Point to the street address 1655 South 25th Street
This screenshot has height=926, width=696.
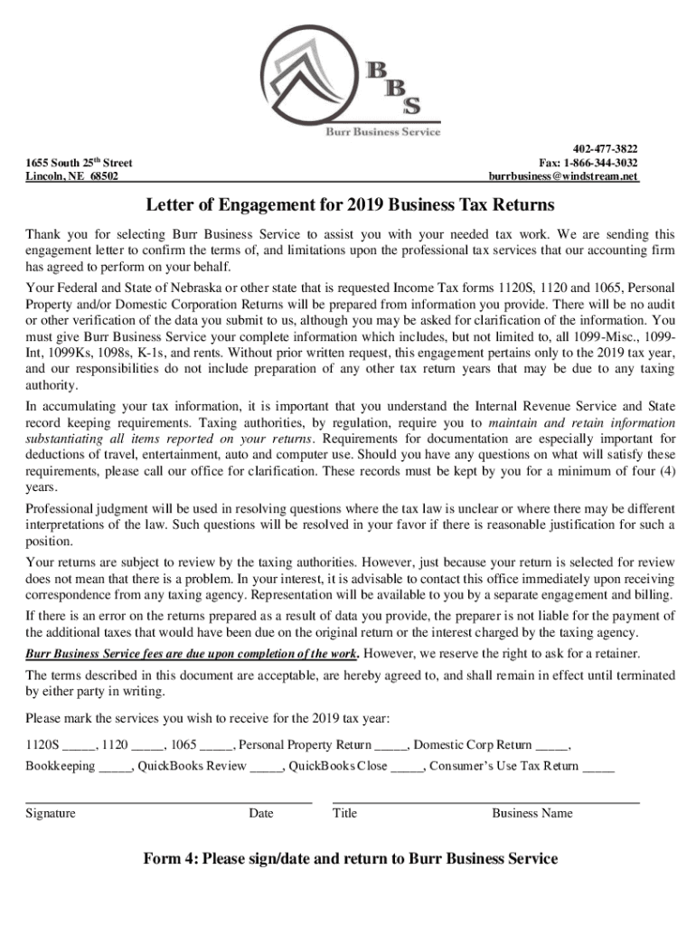click(x=80, y=163)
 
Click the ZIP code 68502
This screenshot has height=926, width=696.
click(x=103, y=176)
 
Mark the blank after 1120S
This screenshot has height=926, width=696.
click(x=80, y=746)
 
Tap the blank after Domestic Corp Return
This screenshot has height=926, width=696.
click(x=551, y=746)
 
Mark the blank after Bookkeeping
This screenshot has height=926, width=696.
click(x=115, y=767)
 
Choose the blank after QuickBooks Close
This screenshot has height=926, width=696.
click(x=407, y=767)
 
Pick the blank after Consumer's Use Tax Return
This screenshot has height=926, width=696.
click(x=598, y=767)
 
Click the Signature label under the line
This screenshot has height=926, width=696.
click(x=51, y=813)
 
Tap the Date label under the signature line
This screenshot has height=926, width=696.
click(x=260, y=813)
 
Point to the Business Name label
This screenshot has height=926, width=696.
click(x=531, y=813)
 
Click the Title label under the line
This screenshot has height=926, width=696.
click(x=344, y=813)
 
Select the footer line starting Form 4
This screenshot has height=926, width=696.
click(x=350, y=858)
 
